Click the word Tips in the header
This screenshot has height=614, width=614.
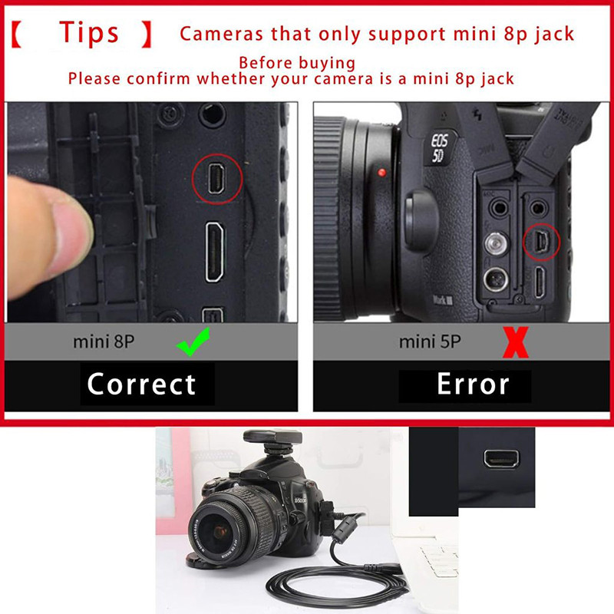click(x=90, y=32)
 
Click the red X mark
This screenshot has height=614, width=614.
click(x=515, y=342)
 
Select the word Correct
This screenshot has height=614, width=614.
click(x=142, y=384)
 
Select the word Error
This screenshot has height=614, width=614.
click(x=473, y=384)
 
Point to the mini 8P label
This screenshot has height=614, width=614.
click(x=104, y=342)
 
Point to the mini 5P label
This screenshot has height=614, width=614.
click(x=430, y=342)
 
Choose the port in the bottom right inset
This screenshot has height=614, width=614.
click(x=501, y=459)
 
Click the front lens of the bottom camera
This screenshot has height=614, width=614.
click(x=220, y=530)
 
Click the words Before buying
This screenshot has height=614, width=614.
click(x=296, y=63)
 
